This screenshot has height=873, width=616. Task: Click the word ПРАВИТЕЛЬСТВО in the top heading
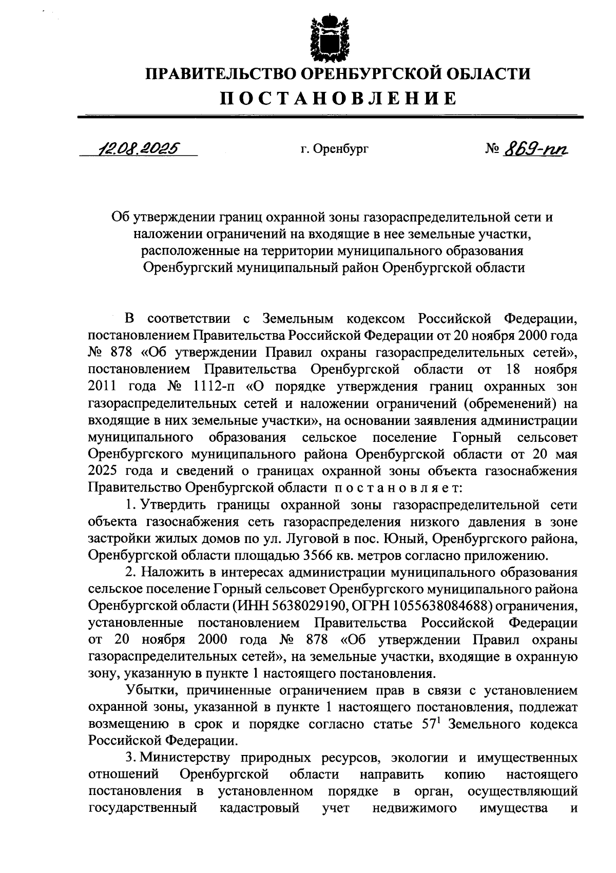[221, 74]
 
